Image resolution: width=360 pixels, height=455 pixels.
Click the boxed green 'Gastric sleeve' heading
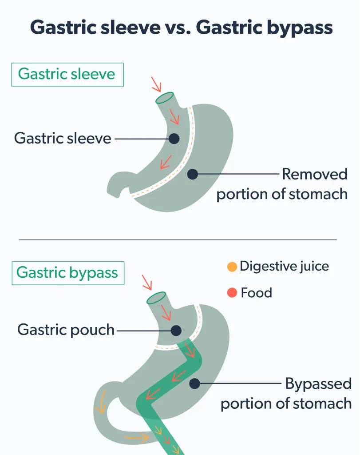pos(67,74)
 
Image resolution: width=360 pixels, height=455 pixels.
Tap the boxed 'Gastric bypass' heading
pos(67,273)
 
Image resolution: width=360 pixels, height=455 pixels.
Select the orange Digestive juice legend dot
pos(232,267)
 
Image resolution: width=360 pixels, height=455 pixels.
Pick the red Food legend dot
pos(232,292)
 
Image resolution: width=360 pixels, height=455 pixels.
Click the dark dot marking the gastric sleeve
pos(174,139)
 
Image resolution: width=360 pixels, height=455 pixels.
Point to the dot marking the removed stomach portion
pos(193,174)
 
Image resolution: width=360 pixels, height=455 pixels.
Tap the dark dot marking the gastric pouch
pos(176,331)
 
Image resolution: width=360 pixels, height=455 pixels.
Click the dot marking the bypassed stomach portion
pos(194,383)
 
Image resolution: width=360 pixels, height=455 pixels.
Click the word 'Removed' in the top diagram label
pos(315,174)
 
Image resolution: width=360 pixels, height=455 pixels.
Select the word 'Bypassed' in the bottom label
pos(318,383)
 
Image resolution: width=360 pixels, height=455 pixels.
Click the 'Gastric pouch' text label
pos(66,330)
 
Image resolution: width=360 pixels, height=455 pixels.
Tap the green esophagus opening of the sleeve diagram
pos(165,98)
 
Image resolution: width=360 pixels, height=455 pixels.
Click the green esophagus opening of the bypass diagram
pos(156,298)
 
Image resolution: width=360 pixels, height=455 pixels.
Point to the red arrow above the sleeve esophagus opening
pos(156,84)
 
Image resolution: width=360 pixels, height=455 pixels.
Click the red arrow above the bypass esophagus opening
pos(147,283)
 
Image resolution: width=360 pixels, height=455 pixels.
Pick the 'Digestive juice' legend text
pos(285,267)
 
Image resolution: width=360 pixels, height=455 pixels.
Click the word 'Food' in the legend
pos(257,292)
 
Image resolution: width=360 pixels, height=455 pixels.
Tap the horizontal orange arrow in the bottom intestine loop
pos(137,438)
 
